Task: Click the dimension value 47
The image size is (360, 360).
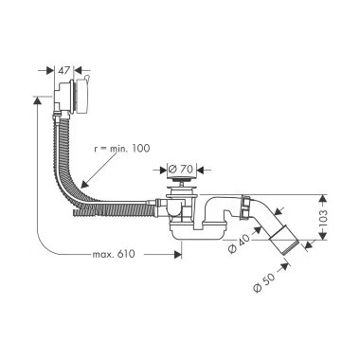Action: click(x=63, y=70)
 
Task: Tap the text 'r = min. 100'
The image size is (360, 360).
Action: click(x=122, y=149)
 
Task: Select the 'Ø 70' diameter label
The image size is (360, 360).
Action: click(x=180, y=170)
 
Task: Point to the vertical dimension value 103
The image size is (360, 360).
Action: click(x=323, y=217)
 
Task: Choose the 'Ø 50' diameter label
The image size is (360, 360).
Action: click(x=263, y=281)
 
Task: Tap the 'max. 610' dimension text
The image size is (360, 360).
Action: click(x=114, y=254)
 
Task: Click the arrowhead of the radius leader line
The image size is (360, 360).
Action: click(x=83, y=185)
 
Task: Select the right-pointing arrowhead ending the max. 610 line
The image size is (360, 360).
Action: click(x=178, y=254)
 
